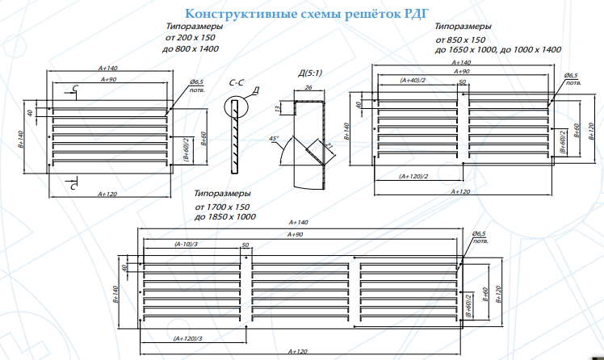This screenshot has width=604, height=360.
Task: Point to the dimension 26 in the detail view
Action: [x=308, y=88]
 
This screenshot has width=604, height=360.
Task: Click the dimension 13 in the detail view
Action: [x=278, y=108]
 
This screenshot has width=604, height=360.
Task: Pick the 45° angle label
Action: [x=275, y=139]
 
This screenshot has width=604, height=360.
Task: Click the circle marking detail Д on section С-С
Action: [x=236, y=107]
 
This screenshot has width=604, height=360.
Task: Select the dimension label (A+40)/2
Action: [x=413, y=81]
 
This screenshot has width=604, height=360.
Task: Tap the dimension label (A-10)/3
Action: [x=187, y=243]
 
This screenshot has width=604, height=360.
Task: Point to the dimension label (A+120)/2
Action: [x=413, y=175]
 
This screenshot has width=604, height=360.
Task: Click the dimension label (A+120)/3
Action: [x=187, y=337]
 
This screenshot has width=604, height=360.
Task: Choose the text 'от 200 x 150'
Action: [x=190, y=37]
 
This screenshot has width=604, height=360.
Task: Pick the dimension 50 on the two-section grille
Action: [x=462, y=82]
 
